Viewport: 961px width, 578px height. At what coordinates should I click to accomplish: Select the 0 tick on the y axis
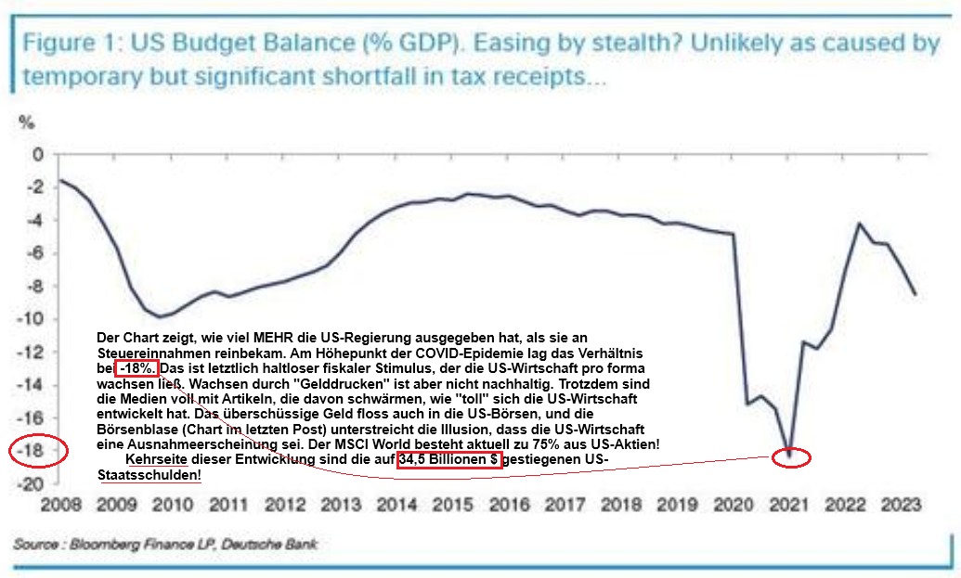click(38, 155)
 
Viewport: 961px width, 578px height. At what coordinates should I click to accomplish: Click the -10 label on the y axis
click(32, 319)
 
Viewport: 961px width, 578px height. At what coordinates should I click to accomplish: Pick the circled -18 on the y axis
click(33, 451)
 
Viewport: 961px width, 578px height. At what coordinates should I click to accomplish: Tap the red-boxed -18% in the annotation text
click(137, 368)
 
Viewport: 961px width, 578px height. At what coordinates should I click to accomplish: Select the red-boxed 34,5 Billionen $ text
click(449, 460)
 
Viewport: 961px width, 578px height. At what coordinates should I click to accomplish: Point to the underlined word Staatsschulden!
click(149, 475)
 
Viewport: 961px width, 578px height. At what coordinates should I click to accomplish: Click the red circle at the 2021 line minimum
click(791, 456)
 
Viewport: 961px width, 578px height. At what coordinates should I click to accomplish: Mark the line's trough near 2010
click(162, 317)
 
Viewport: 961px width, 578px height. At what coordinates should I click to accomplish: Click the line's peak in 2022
click(862, 224)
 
